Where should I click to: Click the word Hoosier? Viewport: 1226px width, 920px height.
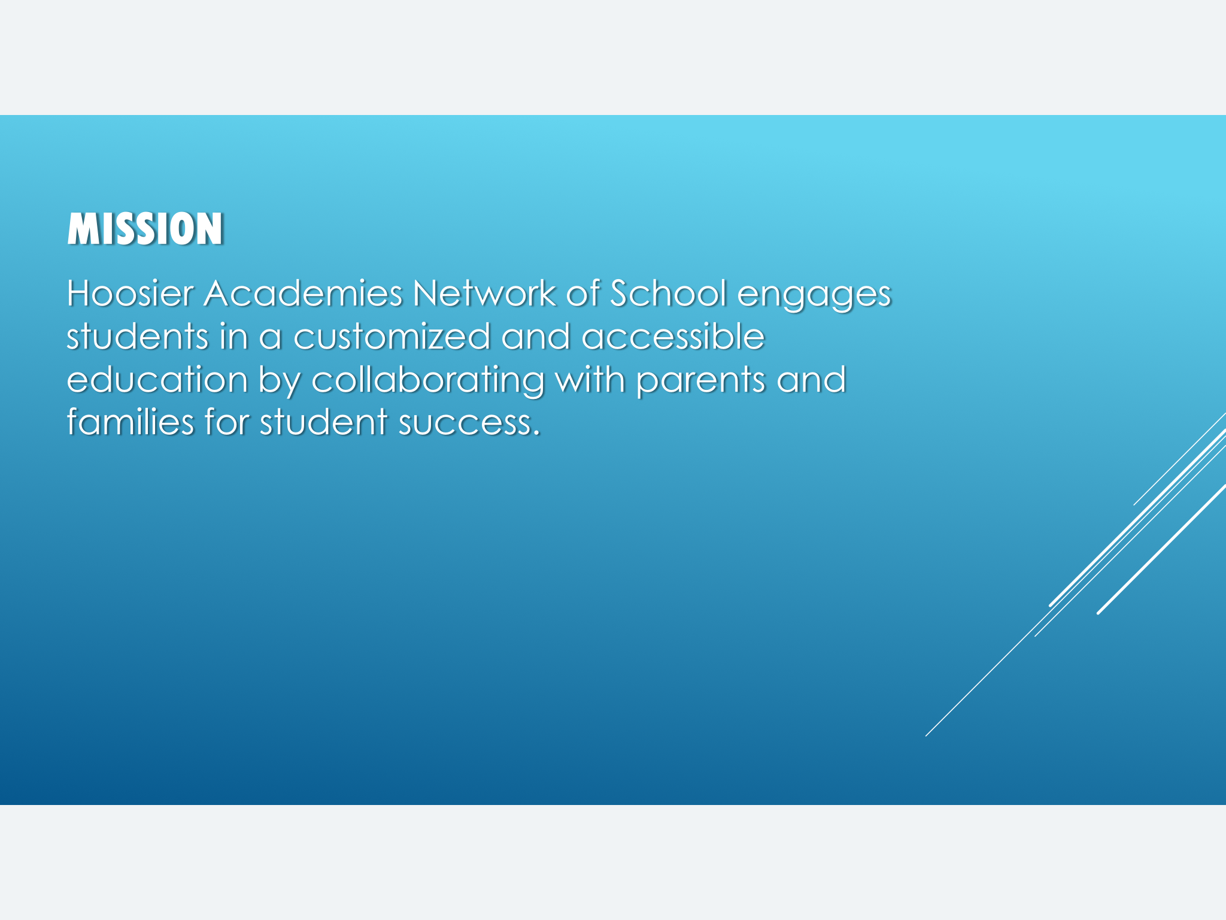[x=130, y=293]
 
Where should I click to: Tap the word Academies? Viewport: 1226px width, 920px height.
[x=303, y=293]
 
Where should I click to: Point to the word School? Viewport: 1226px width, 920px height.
[x=668, y=293]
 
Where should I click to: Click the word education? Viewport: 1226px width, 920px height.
[x=157, y=379]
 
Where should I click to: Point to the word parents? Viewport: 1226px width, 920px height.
[x=700, y=383]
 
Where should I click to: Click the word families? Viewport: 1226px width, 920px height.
[x=131, y=422]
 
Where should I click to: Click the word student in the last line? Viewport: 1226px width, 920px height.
[x=323, y=422]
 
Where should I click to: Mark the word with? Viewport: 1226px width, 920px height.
[x=590, y=379]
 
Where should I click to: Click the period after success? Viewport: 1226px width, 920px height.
[x=536, y=434]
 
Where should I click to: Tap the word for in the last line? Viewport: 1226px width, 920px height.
[x=226, y=422]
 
